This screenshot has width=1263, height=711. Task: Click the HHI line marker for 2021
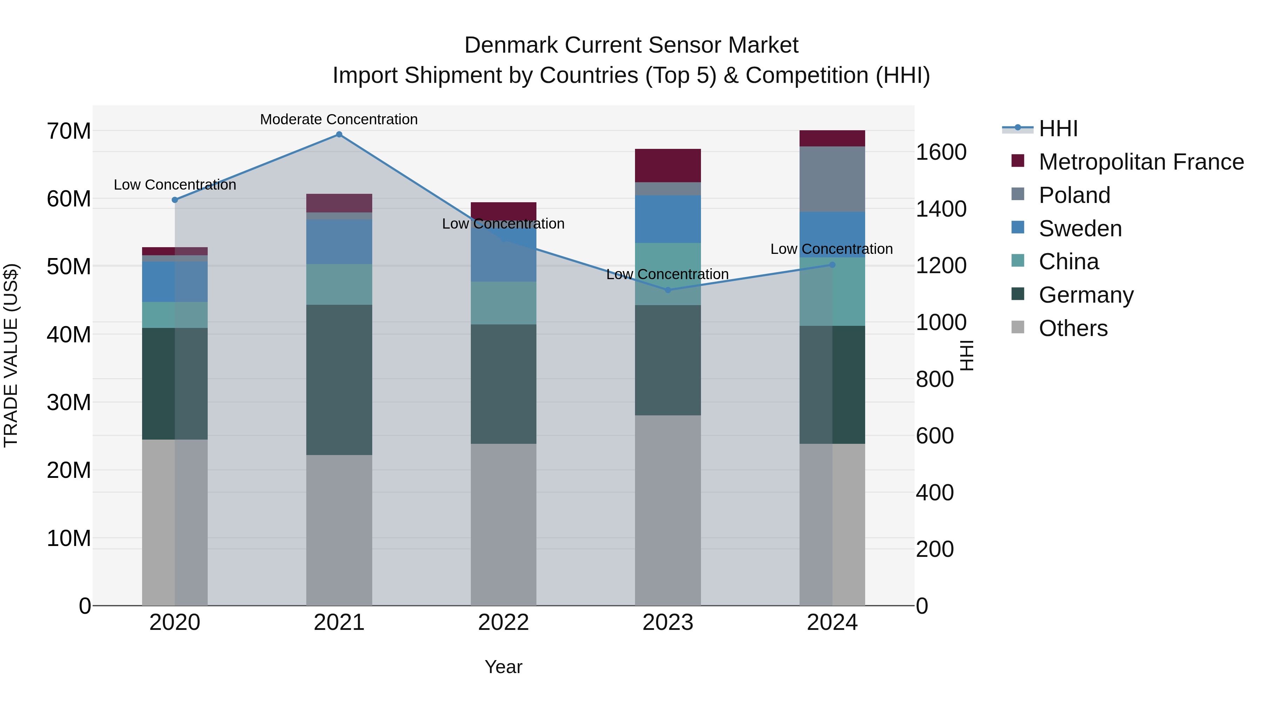point(339,134)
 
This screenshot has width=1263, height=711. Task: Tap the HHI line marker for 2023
point(668,290)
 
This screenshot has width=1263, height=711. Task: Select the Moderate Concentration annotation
point(339,119)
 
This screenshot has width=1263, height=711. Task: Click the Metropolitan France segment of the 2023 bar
point(668,165)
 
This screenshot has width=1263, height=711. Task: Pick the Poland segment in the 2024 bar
point(832,179)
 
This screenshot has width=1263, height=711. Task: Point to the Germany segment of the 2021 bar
point(339,380)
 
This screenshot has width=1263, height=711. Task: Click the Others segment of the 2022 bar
point(503,524)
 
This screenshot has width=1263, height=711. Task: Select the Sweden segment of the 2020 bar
point(175,281)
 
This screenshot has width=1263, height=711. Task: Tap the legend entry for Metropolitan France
point(1141,162)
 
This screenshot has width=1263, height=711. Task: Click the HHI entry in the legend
point(1058,129)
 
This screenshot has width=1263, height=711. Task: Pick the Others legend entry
point(1073,328)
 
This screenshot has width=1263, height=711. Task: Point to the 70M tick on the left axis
point(69,131)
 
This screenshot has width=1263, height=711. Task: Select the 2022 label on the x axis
point(503,623)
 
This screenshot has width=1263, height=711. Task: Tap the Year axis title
point(503,667)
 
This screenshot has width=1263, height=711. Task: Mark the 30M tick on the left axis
point(69,402)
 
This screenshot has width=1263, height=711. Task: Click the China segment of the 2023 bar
point(668,274)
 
